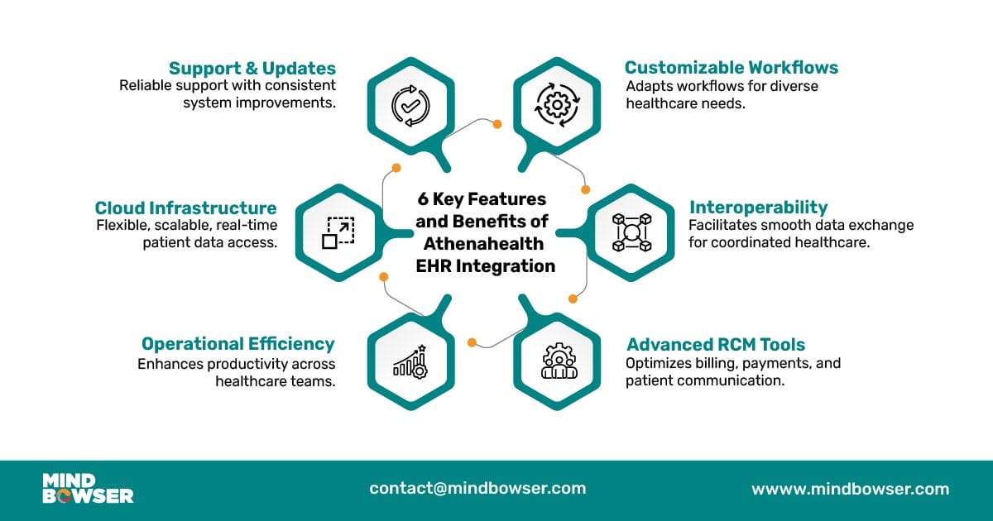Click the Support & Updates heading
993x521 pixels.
(x=252, y=68)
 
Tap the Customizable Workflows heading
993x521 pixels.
(x=732, y=68)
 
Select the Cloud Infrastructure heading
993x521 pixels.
(x=185, y=208)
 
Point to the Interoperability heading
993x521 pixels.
(x=759, y=208)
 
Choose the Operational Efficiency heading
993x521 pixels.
(x=238, y=344)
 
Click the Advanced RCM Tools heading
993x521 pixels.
(x=716, y=344)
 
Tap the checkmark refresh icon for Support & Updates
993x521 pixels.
(x=410, y=106)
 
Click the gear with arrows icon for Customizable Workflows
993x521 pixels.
(x=557, y=105)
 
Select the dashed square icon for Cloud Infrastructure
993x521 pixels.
(x=338, y=232)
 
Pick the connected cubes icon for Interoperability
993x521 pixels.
(x=631, y=232)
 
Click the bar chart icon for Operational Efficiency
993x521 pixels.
(x=410, y=361)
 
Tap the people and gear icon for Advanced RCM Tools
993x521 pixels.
(x=559, y=361)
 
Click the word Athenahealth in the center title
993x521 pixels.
(x=483, y=244)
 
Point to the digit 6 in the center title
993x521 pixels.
(x=423, y=199)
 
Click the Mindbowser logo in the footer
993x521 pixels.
(x=88, y=488)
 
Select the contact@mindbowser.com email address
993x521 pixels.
(x=477, y=488)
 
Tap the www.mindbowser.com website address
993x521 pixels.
(x=851, y=489)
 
